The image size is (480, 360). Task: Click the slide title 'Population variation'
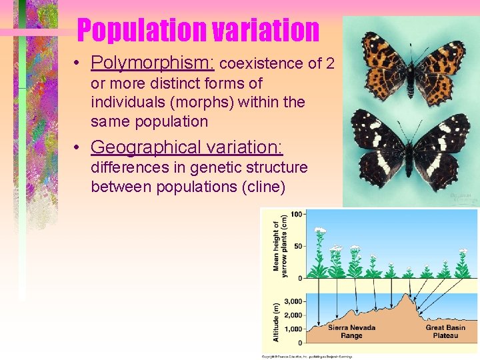[198, 30]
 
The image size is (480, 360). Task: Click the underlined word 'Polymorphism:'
[153, 63]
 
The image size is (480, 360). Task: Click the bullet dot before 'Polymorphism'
[78, 63]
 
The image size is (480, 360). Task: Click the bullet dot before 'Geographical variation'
[78, 147]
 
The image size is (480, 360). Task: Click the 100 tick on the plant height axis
[297, 214]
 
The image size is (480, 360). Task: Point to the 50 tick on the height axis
[299, 246]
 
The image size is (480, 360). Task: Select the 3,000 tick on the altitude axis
[294, 302]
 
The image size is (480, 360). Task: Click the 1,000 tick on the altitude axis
[294, 329]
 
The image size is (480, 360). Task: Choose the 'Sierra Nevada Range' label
[351, 331]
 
